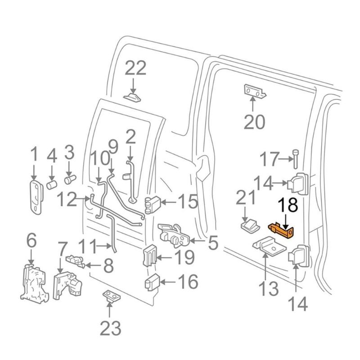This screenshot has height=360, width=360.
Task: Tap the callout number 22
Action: click(135, 69)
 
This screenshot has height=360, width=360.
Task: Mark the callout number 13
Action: click(268, 288)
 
